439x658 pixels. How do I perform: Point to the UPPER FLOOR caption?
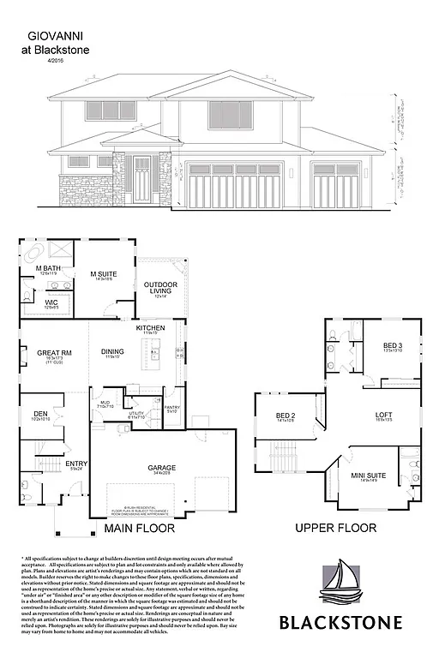[332, 529]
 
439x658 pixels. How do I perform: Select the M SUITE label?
[105, 274]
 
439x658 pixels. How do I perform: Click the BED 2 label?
[286, 416]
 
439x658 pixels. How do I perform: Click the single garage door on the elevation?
[335, 182]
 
